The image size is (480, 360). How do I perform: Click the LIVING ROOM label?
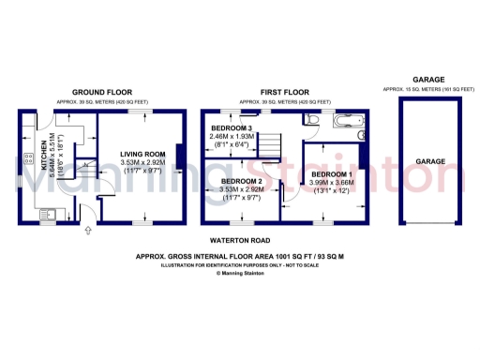(x=142, y=154)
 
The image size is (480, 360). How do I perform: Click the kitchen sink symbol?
(x=46, y=215)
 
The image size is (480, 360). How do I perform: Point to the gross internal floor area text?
(x=240, y=255)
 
